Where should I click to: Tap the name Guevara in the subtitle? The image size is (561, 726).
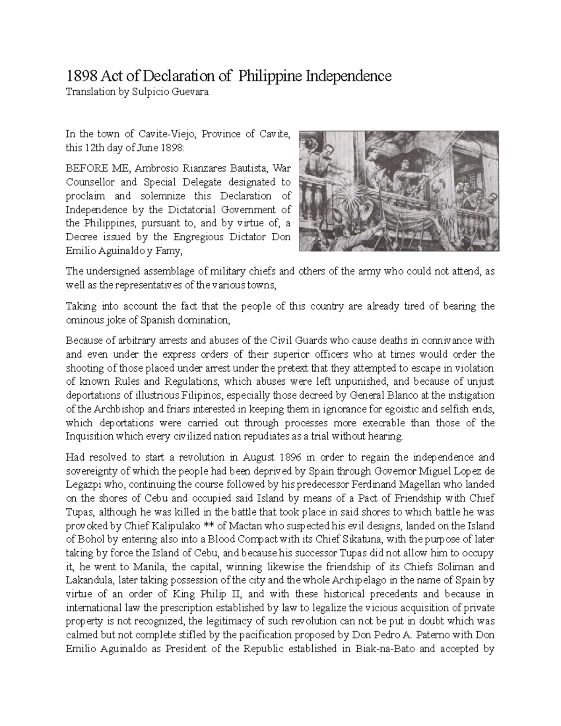coord(190,92)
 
